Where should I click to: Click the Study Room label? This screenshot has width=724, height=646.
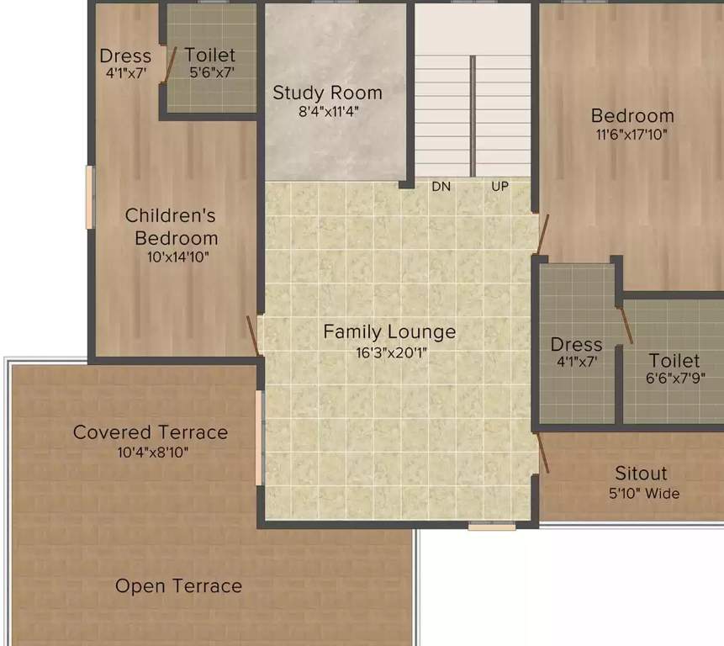coord(327,93)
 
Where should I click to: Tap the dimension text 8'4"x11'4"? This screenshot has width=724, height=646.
coord(327,111)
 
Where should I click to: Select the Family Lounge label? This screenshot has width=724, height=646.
coord(389,331)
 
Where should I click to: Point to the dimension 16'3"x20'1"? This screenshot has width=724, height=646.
coord(389,352)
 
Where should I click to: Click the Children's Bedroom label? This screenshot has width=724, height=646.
coord(172,226)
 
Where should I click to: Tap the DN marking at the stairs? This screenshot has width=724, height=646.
coord(441,187)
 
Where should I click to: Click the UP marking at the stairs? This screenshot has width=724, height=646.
coord(499,187)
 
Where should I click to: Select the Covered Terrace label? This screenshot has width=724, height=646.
coord(151,432)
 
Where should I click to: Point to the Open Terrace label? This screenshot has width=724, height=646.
coord(178,586)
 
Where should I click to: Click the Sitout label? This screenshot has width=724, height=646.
coord(641,474)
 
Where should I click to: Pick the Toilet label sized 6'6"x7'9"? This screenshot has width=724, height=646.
coord(674,361)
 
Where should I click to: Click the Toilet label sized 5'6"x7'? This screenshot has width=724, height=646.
coord(210,56)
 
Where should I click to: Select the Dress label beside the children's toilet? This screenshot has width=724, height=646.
coord(125,56)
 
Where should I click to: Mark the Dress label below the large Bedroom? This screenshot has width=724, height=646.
coord(576,345)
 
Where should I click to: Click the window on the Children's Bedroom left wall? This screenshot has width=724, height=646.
coord(90,197)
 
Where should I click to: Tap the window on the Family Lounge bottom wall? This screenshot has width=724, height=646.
coord(492,526)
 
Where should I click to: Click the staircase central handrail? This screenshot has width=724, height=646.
coord(473,115)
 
